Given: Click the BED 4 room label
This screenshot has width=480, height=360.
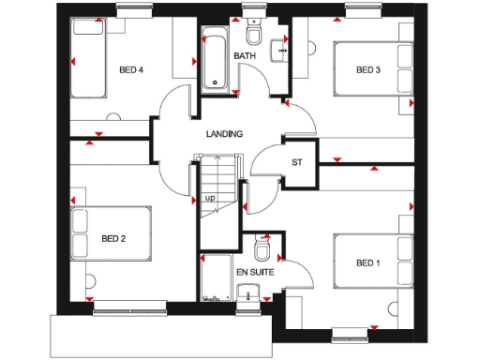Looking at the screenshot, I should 131,69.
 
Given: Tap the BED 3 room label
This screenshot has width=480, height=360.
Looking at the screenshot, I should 368,69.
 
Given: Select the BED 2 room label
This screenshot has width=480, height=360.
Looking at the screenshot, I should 113,238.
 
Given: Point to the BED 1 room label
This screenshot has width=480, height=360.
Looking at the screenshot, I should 368,263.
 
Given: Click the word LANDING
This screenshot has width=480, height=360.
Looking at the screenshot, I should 224,134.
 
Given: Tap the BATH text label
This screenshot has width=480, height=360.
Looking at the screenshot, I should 245,57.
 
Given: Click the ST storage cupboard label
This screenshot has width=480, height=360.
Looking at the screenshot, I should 298,163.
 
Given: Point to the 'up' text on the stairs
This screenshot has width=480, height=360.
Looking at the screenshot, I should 210,198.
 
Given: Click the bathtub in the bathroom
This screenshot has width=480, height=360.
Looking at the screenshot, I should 216,61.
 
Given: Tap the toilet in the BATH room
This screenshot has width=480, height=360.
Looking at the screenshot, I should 253,34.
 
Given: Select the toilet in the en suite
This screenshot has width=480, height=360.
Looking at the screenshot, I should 262,249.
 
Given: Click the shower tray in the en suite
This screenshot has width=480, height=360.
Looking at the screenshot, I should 217,277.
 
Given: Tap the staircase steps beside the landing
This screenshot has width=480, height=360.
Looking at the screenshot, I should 217,183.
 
